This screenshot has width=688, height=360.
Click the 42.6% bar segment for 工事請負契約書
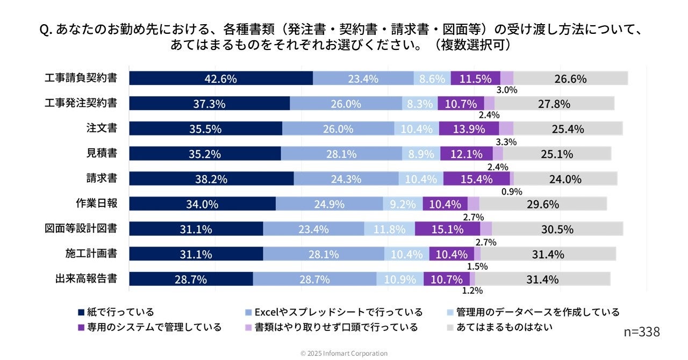[x=220, y=78]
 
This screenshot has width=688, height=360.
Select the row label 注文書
[x=102, y=128]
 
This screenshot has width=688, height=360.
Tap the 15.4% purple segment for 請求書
[x=476, y=179]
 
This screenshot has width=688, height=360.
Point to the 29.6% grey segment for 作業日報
[x=543, y=204]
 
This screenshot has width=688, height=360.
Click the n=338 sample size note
[x=642, y=332]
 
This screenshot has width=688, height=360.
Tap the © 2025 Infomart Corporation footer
[x=344, y=353]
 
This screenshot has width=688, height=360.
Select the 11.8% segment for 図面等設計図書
[x=389, y=229]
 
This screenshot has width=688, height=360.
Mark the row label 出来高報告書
[x=86, y=279]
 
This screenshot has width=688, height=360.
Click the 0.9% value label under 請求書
[x=512, y=192]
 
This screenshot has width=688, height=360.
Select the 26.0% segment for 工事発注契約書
[x=346, y=104]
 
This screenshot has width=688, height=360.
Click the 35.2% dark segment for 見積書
[x=205, y=154]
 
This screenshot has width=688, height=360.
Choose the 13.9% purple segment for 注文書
[x=469, y=129]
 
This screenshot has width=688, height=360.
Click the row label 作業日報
[x=96, y=204]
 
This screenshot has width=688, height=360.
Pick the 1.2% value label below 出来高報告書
[x=472, y=291]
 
